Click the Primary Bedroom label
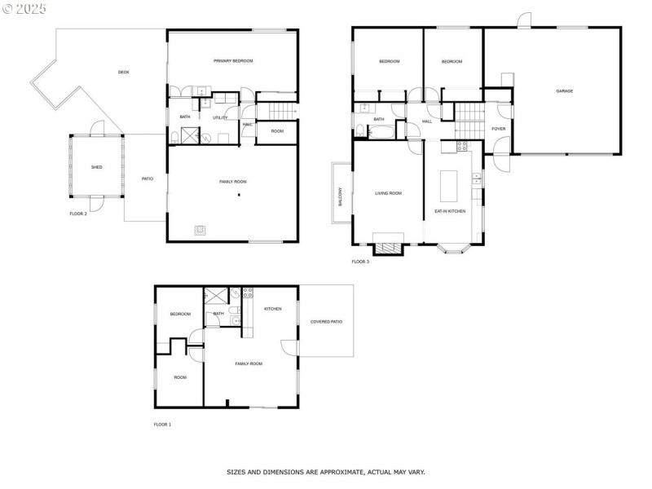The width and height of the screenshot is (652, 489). [x=233, y=61]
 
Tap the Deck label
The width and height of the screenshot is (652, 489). [x=123, y=73]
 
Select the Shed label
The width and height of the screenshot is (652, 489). [x=96, y=167]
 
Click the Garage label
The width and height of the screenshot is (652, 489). [x=564, y=91]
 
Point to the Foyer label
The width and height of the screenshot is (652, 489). [x=498, y=129]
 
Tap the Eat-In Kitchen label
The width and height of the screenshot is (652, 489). [x=449, y=211]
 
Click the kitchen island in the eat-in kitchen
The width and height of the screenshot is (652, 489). [x=449, y=186]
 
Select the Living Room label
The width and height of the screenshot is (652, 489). [x=388, y=193]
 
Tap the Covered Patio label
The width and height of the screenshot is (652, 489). [x=326, y=322]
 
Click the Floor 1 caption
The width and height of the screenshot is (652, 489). [x=163, y=425]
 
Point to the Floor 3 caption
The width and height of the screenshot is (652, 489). [x=360, y=262]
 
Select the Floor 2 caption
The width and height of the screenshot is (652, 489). [x=78, y=214]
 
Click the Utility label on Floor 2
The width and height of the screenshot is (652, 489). [x=220, y=118]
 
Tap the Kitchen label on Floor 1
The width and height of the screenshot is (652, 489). [x=272, y=309]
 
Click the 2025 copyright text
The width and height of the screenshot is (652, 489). [x=24, y=7]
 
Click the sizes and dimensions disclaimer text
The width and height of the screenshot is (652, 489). [x=325, y=472]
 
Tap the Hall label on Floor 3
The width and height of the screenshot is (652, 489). [x=426, y=121]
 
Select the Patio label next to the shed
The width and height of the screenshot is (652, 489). [x=147, y=179]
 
